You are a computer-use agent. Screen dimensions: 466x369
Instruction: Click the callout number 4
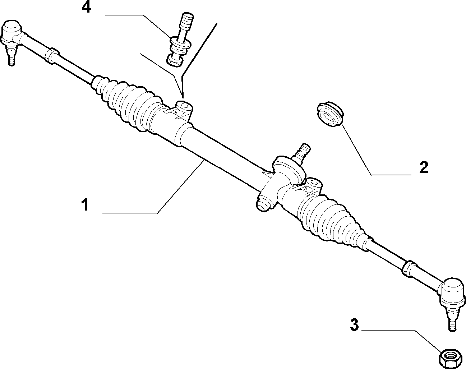point(86,8)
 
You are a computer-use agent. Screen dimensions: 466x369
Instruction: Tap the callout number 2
point(424,167)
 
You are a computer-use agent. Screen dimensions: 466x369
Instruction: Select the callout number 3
point(355,325)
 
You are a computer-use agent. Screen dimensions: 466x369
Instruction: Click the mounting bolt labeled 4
point(180,40)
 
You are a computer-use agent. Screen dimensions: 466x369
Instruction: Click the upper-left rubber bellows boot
point(128,103)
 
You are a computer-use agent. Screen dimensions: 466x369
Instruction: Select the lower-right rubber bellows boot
point(331,219)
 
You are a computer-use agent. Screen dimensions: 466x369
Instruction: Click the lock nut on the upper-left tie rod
point(51,56)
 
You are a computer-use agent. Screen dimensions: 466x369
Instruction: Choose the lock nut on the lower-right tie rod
point(409,269)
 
